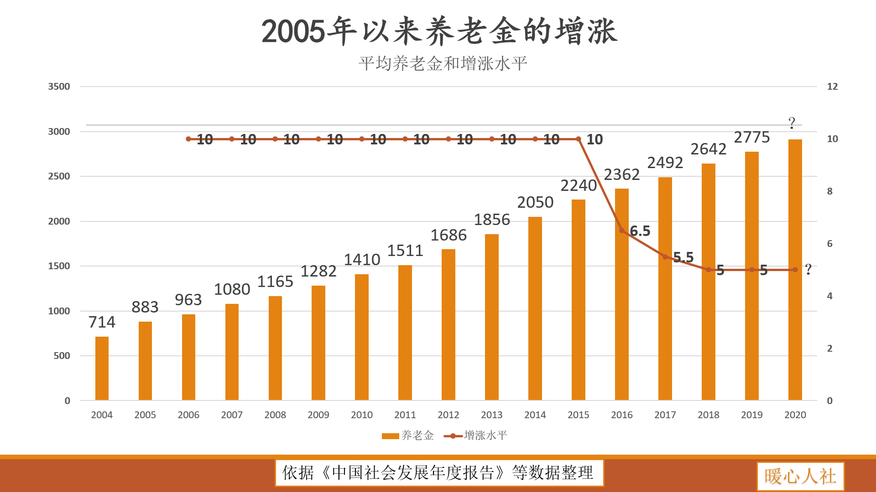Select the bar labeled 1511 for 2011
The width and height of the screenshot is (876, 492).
pyautogui.click(x=405, y=333)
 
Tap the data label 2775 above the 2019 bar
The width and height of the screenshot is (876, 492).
pyautogui.click(x=751, y=137)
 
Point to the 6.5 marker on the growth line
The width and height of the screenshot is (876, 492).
pyautogui.click(x=622, y=231)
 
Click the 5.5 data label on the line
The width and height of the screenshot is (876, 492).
pyautogui.click(x=683, y=257)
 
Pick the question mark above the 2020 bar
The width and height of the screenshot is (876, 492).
pyautogui.click(x=792, y=123)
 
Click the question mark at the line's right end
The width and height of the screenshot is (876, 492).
pyautogui.click(x=808, y=269)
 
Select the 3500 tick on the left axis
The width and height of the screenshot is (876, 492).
pyautogui.click(x=59, y=87)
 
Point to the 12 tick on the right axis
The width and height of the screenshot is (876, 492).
pyautogui.click(x=832, y=87)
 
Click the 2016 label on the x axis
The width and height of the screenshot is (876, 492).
pyautogui.click(x=621, y=415)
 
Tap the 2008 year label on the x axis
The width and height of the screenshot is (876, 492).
pyautogui.click(x=275, y=415)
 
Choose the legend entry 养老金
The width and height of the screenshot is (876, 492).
pyautogui.click(x=408, y=436)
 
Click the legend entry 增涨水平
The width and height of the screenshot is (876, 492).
pyautogui.click(x=476, y=436)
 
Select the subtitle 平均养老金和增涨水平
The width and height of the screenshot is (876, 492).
pyautogui.click(x=443, y=63)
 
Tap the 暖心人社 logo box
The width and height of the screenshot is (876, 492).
pyautogui.click(x=800, y=476)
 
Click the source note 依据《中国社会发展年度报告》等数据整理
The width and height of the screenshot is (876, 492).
pyautogui.click(x=439, y=472)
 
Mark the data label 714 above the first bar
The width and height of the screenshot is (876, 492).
pyautogui.click(x=102, y=322)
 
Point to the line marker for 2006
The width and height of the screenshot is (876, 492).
pyautogui.click(x=188, y=139)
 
